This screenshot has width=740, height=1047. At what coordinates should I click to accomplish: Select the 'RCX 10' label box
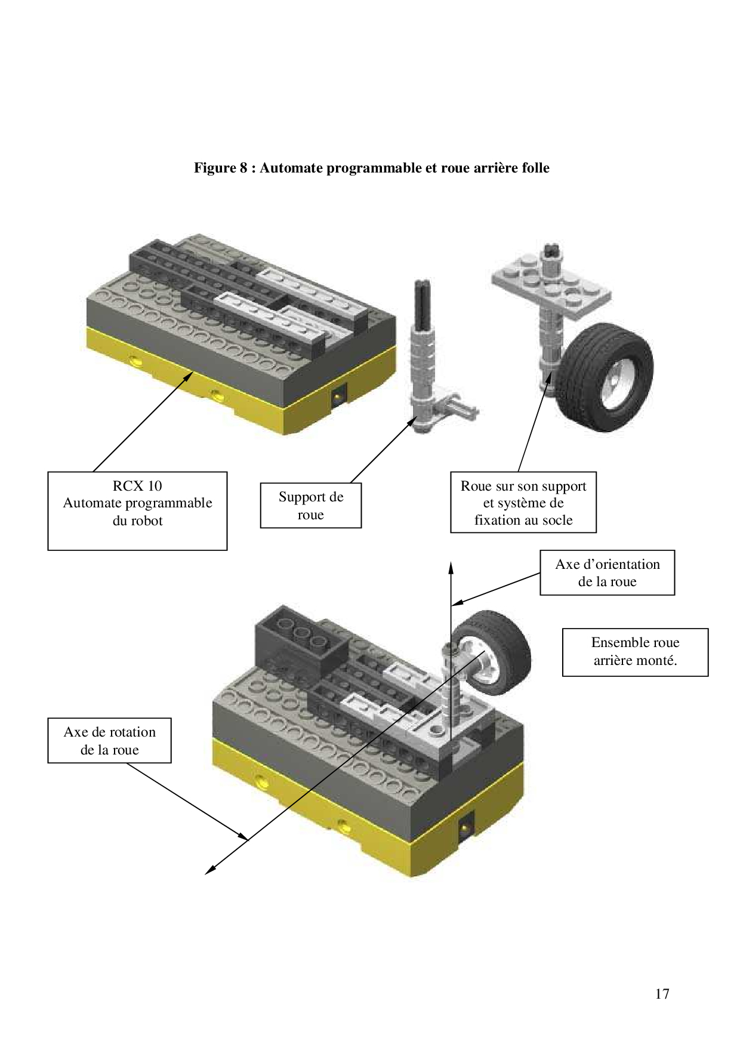click(x=137, y=510)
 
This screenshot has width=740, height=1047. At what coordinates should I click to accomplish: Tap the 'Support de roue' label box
click(x=311, y=506)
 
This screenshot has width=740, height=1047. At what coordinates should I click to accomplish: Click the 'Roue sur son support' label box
click(x=523, y=502)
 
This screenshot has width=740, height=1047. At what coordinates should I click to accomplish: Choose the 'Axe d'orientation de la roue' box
click(x=608, y=572)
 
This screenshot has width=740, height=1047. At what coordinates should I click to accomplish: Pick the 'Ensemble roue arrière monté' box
click(x=635, y=652)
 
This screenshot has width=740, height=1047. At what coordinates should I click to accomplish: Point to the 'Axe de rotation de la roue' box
click(x=109, y=740)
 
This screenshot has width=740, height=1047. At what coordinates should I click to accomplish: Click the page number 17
click(x=662, y=994)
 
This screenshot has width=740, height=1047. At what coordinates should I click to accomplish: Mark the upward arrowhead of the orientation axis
click(x=451, y=567)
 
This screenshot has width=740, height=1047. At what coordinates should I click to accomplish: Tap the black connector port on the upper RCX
click(x=339, y=396)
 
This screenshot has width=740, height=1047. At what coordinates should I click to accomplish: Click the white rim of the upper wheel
click(x=612, y=382)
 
